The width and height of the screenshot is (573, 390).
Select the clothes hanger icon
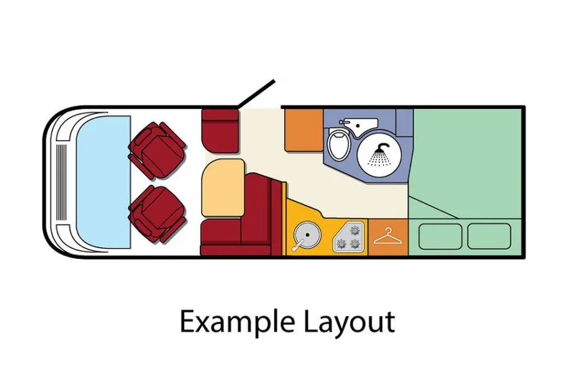388,236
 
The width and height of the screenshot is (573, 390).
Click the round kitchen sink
307,235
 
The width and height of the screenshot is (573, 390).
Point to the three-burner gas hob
349,237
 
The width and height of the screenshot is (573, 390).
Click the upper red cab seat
157,150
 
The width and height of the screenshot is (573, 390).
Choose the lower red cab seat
157,213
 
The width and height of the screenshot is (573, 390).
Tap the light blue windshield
104,181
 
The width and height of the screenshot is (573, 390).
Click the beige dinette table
223,188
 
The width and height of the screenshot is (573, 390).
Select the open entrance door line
256,93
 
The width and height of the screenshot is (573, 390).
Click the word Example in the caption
237,322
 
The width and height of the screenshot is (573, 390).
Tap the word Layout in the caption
350,322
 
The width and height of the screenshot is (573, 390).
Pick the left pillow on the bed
440,236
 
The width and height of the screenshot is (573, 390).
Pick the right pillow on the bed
489,236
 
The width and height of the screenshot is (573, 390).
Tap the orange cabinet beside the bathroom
304,130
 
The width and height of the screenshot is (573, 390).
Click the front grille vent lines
62,181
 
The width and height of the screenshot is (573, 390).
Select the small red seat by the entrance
220,131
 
